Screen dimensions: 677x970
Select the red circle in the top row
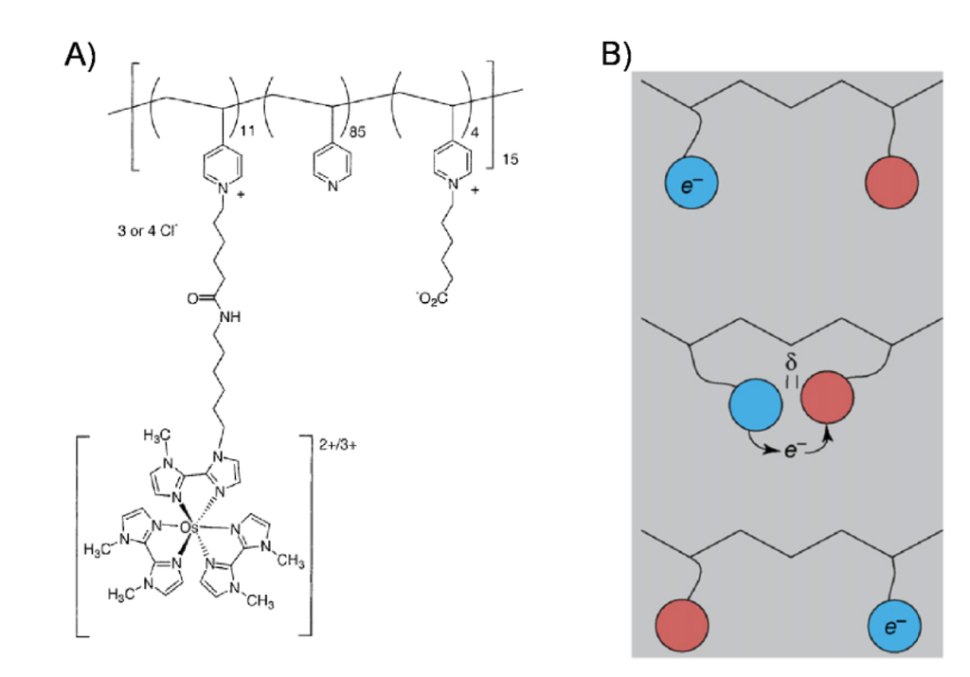892,179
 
